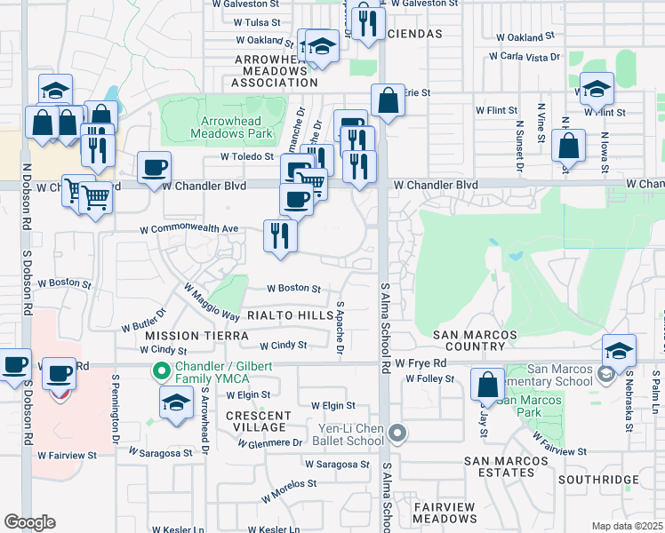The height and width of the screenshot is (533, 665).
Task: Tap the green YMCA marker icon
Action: point(162,370)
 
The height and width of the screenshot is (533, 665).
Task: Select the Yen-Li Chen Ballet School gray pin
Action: point(397,434)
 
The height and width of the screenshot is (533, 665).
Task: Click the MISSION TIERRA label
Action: point(184,336)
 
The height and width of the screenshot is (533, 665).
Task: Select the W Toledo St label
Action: point(247,156)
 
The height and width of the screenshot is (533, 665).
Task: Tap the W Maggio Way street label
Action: point(212,303)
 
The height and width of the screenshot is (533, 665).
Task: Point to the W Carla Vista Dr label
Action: point(525,57)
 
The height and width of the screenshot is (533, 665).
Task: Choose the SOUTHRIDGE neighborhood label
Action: point(599,480)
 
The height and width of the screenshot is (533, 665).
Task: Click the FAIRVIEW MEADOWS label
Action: point(446,513)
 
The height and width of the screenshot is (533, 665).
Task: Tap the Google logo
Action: point(29,521)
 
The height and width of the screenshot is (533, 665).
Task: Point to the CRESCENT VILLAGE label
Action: point(258,421)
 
